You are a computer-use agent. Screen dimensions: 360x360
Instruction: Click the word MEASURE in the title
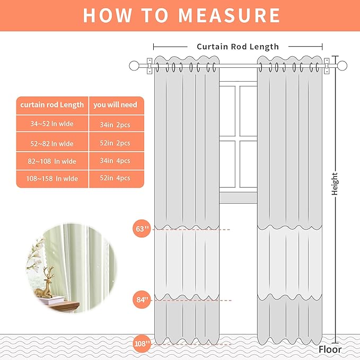(x=229, y=15)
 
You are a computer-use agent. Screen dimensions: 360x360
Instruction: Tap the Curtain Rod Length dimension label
(x=238, y=47)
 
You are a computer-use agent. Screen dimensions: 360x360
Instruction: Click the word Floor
(x=330, y=349)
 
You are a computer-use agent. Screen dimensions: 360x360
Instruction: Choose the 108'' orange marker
(x=142, y=344)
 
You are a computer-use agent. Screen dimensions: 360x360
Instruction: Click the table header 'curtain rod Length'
(x=52, y=105)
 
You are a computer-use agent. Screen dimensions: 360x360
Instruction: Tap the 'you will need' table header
(x=115, y=105)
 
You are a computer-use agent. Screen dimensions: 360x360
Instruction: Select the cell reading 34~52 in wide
(x=52, y=125)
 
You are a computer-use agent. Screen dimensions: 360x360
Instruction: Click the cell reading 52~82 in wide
(x=52, y=143)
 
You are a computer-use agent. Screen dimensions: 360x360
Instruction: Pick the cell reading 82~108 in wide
(x=52, y=161)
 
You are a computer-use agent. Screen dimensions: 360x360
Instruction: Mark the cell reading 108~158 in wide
(x=52, y=179)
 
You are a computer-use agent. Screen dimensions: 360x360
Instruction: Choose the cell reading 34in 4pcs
(x=115, y=161)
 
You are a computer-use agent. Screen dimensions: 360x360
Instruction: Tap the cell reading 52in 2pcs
(x=115, y=143)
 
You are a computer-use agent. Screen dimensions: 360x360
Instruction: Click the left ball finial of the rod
(x=134, y=66)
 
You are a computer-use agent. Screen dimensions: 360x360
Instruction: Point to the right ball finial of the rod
(x=343, y=66)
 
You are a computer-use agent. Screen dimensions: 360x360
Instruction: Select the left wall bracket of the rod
(x=150, y=65)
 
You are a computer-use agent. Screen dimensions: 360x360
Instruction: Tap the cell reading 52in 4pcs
(x=115, y=179)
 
